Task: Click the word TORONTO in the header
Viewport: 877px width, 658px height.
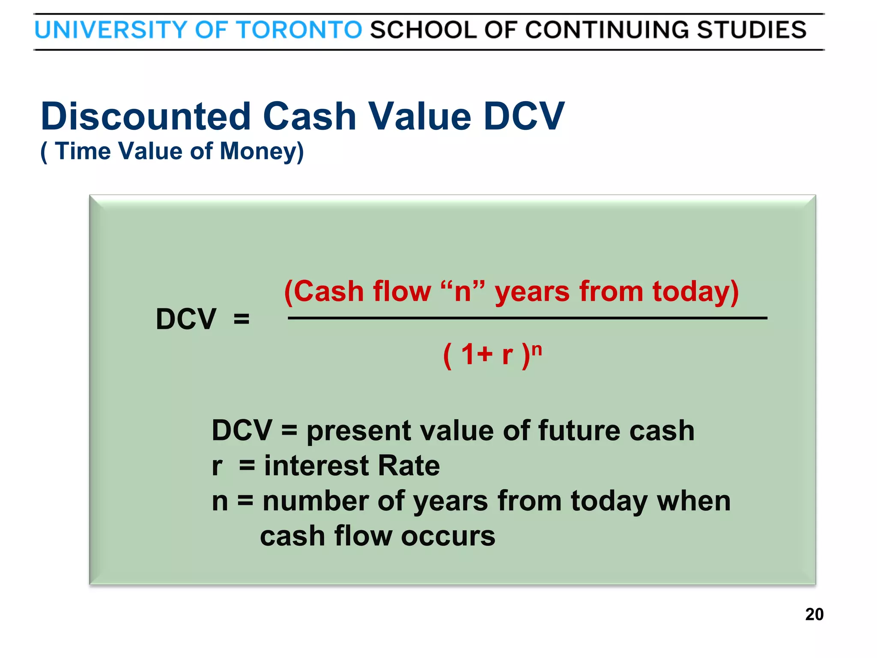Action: [299, 30]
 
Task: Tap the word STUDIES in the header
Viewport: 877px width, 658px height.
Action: [752, 30]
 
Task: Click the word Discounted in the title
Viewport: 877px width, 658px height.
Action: [146, 117]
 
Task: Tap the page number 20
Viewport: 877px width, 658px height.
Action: [814, 614]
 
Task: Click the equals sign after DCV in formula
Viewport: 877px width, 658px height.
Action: [242, 319]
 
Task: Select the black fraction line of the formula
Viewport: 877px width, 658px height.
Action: [527, 318]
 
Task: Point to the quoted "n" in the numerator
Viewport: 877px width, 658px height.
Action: [463, 292]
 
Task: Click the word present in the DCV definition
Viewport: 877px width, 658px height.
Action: [358, 431]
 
